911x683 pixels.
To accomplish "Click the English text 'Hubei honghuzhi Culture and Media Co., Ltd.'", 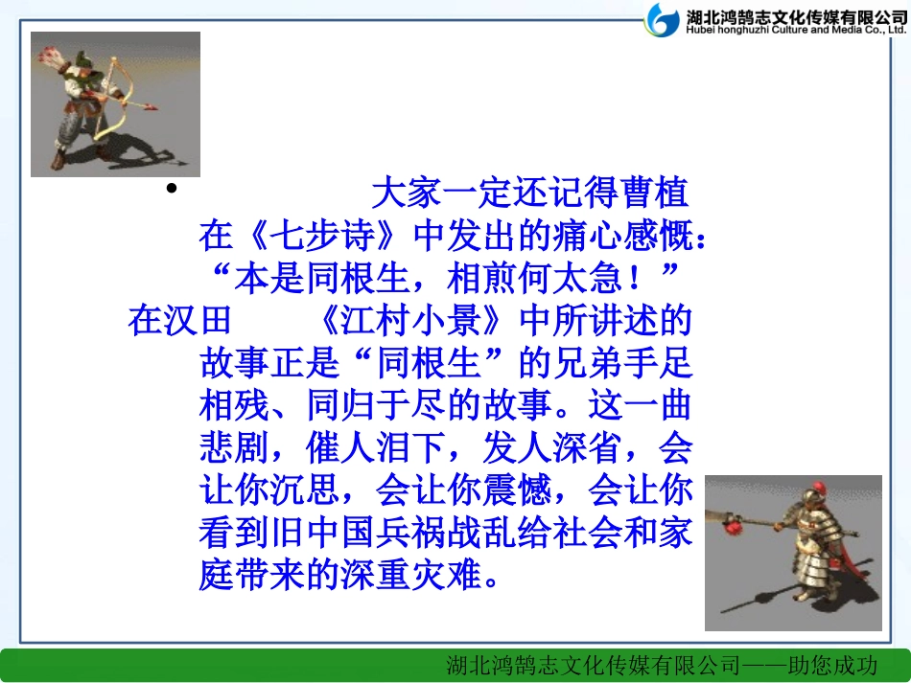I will pos(795,30).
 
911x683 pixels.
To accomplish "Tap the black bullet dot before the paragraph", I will pos(172,189).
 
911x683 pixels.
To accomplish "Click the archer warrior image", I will pos(115,103).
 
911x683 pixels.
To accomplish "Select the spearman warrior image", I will pos(793,553).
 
